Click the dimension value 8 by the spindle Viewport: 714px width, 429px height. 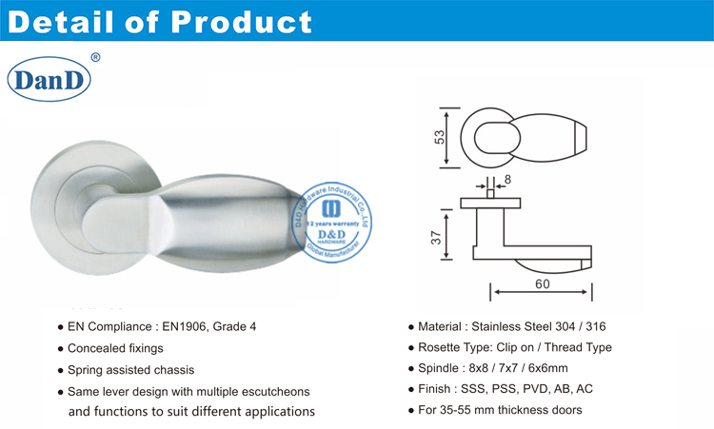tap(508, 178)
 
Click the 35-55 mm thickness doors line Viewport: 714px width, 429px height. tap(500, 410)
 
